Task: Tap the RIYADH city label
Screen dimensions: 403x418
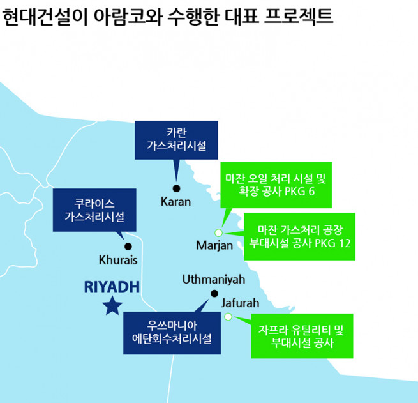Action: [x=112, y=287]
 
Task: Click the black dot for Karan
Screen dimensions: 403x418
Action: [x=176, y=188]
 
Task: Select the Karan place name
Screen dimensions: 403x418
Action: [x=176, y=202]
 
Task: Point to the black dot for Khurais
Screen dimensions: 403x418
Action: [x=128, y=246]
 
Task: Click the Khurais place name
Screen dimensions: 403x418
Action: [x=119, y=260]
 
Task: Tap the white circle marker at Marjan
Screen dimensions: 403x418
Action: [x=218, y=232]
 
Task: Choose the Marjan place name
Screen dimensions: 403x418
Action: [x=214, y=246]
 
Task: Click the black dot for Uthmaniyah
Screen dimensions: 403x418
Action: [x=214, y=294]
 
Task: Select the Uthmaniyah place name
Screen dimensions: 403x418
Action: [x=214, y=279]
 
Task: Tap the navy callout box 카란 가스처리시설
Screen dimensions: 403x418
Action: [x=176, y=140]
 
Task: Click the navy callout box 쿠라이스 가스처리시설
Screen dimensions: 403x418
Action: [x=94, y=209]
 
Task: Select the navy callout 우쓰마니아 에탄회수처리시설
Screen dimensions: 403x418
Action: [x=172, y=332]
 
